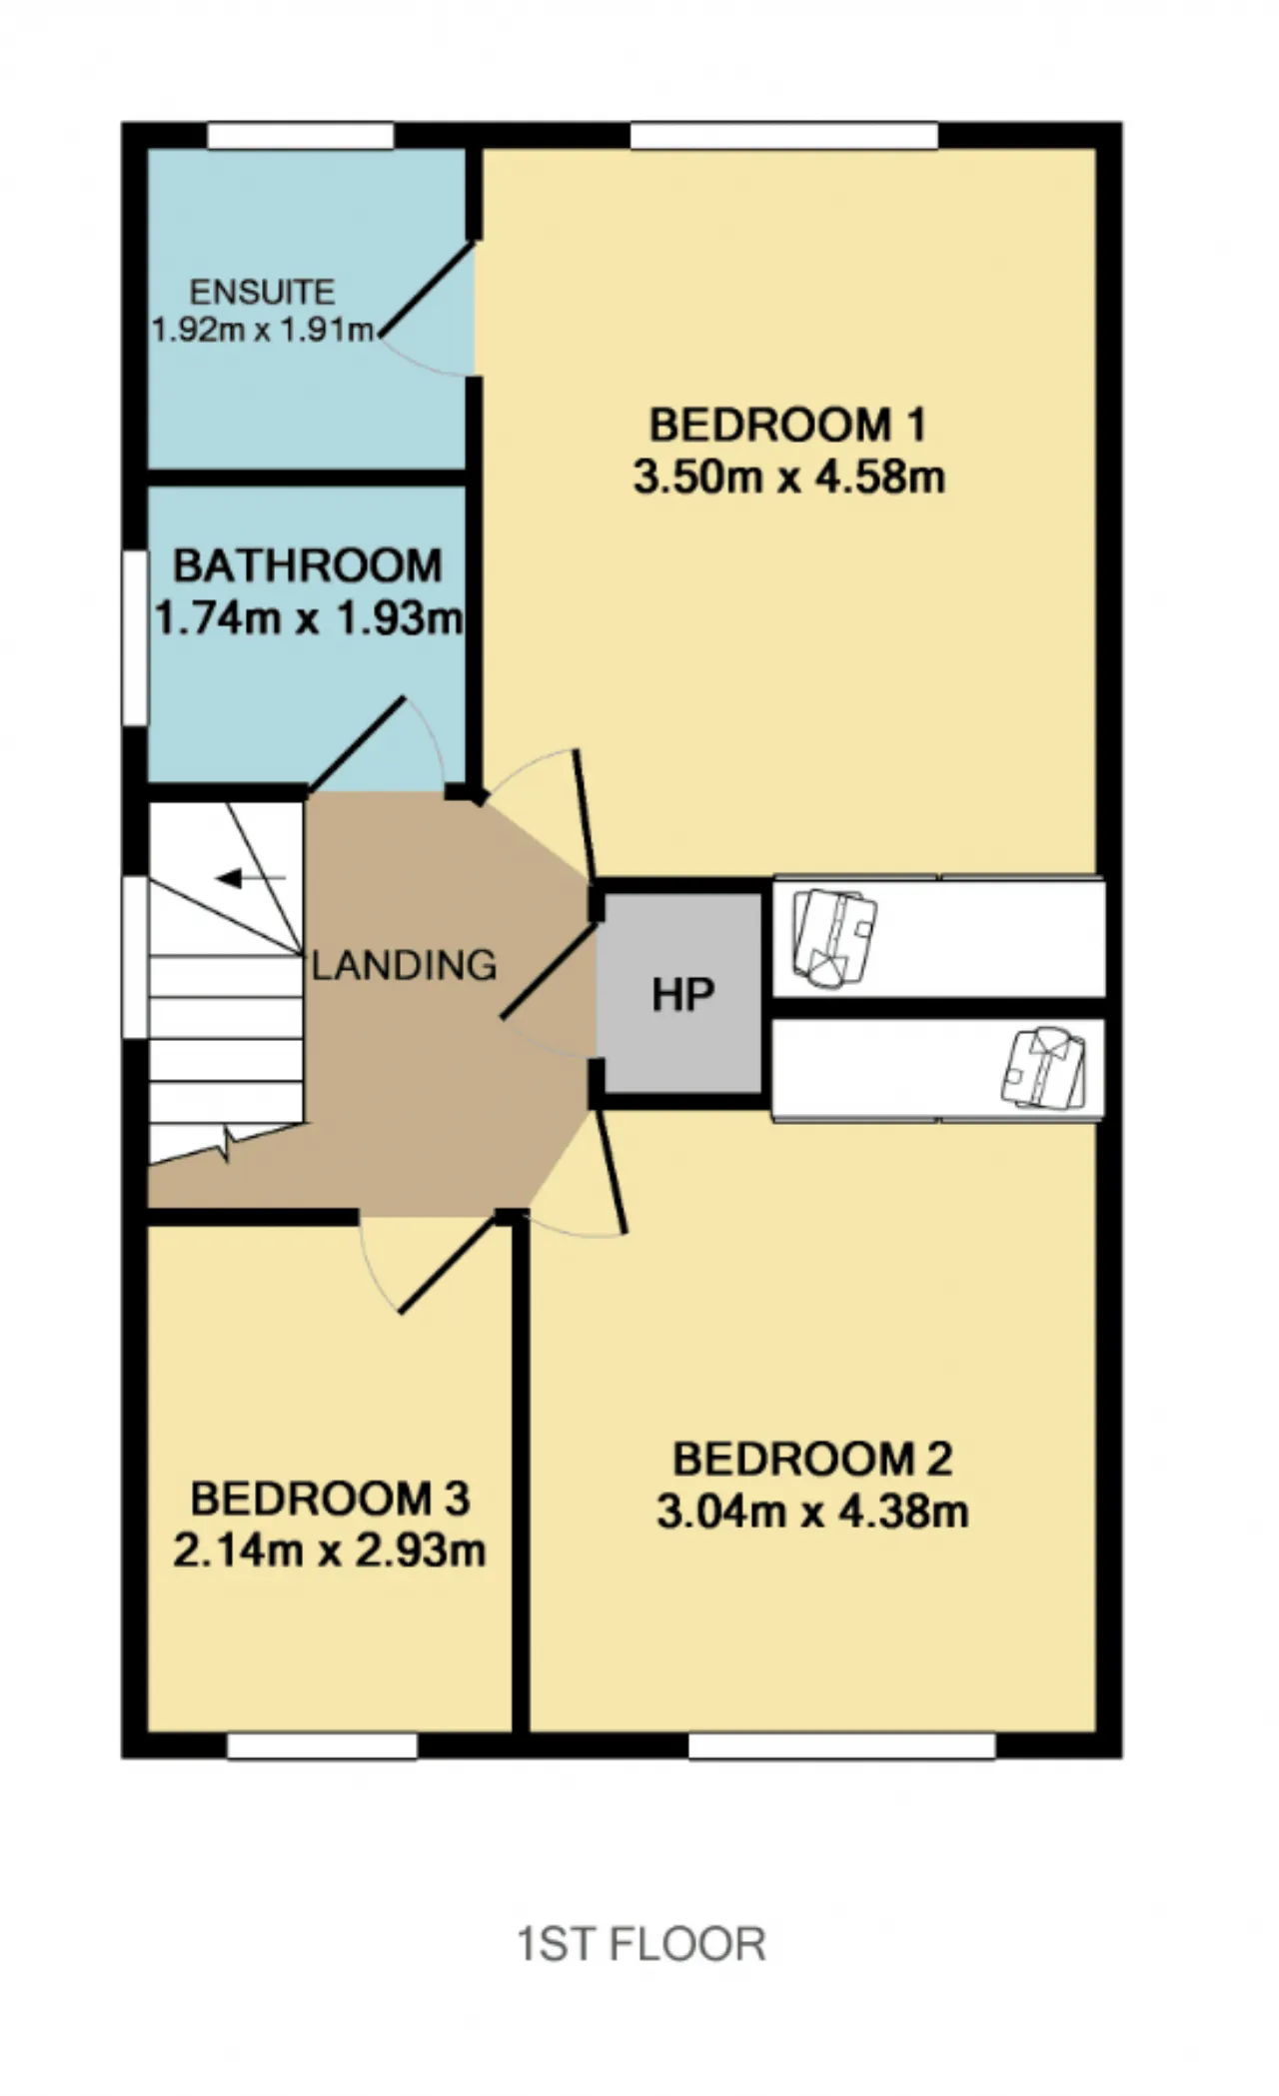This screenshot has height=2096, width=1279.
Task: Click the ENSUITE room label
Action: click(262, 292)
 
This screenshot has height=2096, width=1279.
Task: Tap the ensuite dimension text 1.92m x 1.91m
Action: click(263, 330)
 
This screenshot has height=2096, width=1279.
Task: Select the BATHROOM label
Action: click(308, 565)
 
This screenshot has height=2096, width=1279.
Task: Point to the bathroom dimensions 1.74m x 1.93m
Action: click(308, 618)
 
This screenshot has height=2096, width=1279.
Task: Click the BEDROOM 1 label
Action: click(788, 425)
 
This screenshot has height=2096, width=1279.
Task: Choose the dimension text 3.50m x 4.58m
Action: click(788, 477)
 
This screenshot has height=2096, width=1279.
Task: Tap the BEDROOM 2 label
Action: click(812, 1459)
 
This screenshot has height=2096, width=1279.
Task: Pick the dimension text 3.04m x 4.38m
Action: click(812, 1511)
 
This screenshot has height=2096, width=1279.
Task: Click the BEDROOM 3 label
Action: click(330, 1499)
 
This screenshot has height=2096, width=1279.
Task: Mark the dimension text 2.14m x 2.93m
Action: click(330, 1551)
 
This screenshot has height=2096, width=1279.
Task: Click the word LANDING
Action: click(404, 965)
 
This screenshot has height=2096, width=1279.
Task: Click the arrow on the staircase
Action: click(251, 878)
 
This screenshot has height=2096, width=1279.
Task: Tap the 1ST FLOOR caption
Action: click(641, 1944)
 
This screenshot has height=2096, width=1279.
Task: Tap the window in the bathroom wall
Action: click(135, 637)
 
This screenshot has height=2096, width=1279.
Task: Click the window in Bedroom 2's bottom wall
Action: click(841, 1745)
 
